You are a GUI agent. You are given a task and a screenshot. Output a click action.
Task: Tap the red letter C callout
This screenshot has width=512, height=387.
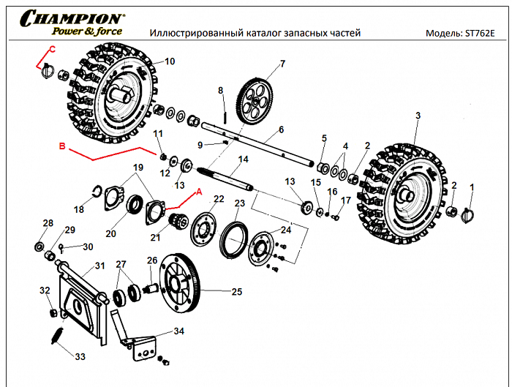[51, 49]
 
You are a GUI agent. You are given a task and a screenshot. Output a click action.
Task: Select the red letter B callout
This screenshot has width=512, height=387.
[62, 146]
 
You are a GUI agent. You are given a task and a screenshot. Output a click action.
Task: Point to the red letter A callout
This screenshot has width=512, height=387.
[195, 192]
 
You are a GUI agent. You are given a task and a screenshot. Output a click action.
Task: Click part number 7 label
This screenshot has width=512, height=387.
[282, 64]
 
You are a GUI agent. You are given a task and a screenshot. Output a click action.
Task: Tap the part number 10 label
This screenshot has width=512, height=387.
[169, 61]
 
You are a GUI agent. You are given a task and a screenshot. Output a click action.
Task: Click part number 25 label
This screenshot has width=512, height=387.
[236, 291]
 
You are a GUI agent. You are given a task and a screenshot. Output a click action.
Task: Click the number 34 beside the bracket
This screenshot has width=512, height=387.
[179, 331]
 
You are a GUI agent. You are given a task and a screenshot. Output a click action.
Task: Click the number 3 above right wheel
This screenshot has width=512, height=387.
[418, 116]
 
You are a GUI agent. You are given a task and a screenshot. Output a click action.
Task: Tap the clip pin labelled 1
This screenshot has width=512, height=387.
[470, 215]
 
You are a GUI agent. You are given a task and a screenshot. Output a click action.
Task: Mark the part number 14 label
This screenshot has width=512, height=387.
[243, 159]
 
